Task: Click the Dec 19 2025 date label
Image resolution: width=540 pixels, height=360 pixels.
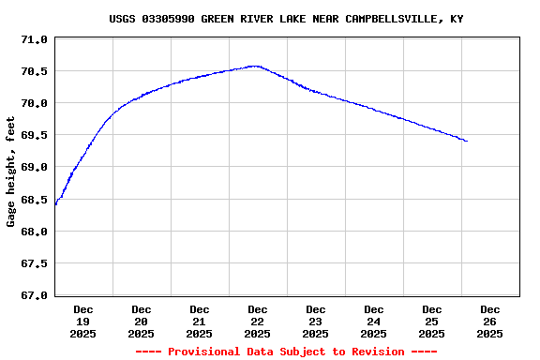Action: tap(83, 321)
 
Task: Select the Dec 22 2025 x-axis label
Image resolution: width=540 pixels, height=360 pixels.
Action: tap(258, 321)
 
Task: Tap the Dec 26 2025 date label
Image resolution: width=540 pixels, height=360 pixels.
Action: tap(489, 321)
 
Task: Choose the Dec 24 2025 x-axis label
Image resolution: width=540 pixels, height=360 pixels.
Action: tap(374, 321)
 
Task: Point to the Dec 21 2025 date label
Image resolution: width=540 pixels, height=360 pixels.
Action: tap(200, 321)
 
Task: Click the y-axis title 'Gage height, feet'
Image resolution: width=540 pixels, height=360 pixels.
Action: tap(11, 172)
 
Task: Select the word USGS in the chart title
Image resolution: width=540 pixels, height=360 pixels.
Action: tap(122, 19)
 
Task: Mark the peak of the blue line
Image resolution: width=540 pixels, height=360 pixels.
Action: tap(254, 66)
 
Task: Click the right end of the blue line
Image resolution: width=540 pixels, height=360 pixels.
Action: tap(467, 142)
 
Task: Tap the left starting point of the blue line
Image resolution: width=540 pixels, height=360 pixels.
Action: tap(55, 204)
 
